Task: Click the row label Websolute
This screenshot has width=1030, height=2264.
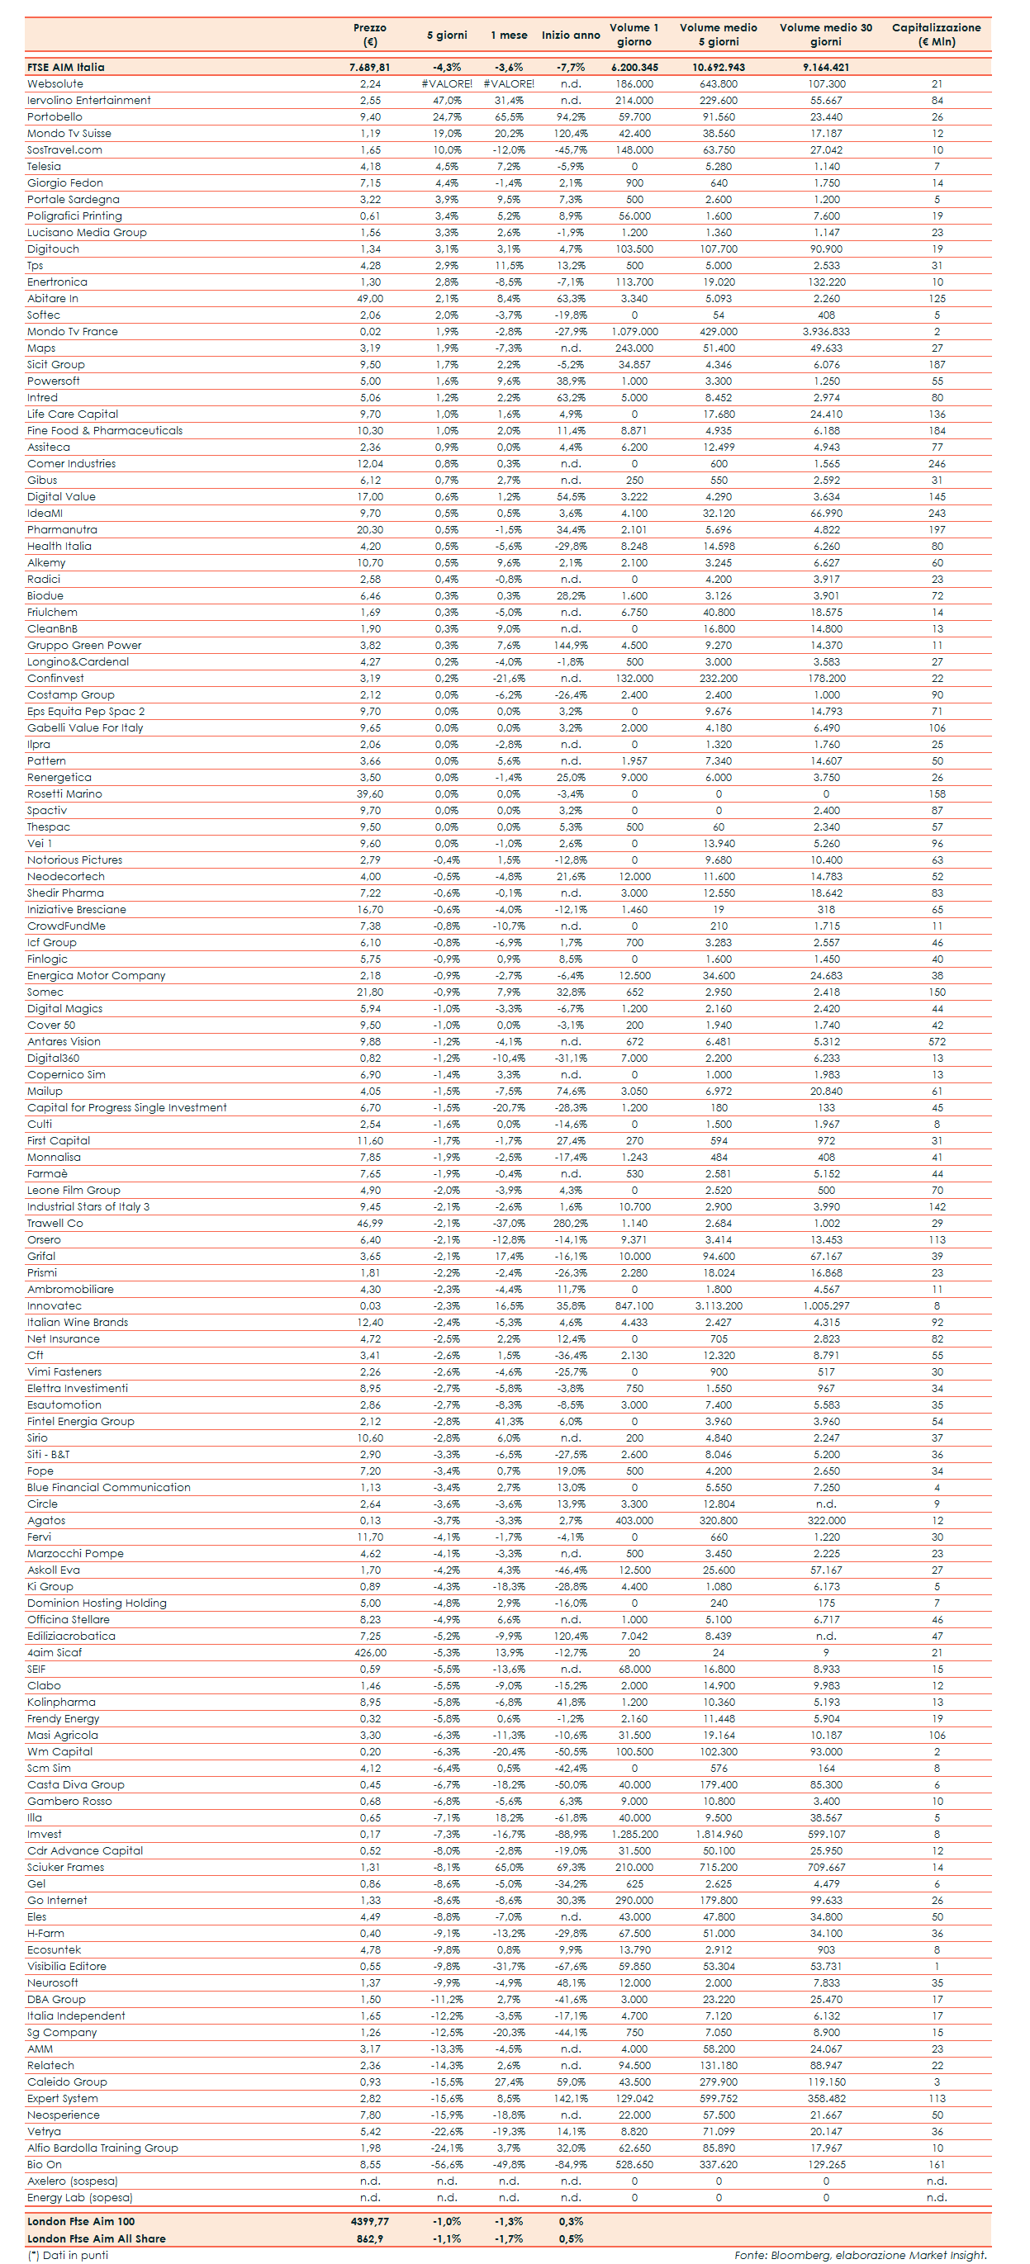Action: coord(55,83)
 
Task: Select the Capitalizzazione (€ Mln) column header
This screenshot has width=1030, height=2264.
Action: coord(936,35)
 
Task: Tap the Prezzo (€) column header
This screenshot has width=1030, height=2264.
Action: coord(370,35)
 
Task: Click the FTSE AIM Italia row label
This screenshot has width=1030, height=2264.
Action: coord(66,67)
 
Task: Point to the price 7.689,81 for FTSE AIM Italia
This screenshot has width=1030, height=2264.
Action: coord(370,67)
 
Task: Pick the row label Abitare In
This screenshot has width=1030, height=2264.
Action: coord(53,299)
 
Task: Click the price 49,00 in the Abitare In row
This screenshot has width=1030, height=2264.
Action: coord(370,299)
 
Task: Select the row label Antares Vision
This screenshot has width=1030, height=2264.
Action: coord(64,1041)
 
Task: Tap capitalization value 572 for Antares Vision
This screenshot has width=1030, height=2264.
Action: coord(937,1041)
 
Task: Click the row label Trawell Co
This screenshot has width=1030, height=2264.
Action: coord(55,1224)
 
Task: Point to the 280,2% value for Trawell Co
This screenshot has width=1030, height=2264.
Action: coord(571,1224)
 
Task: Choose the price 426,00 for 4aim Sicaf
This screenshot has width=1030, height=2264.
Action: coord(370,1652)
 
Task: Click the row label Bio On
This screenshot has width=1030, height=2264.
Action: coord(45,2165)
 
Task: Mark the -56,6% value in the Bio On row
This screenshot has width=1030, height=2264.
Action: coord(448,2165)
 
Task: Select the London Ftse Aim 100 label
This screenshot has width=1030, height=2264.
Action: coord(81,2222)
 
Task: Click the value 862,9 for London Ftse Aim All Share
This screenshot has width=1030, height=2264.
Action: coord(370,2238)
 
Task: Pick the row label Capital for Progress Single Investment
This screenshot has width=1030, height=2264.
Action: coord(126,1107)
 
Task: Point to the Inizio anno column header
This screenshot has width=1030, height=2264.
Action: coord(571,36)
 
